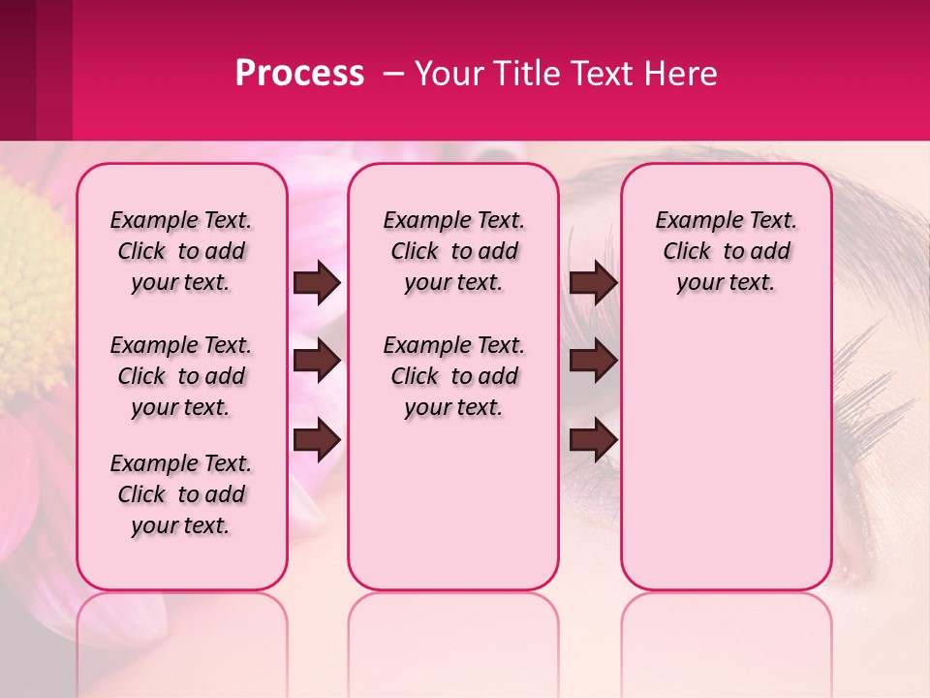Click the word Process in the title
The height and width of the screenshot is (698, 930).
click(x=299, y=74)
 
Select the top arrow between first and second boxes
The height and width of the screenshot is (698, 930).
click(x=317, y=282)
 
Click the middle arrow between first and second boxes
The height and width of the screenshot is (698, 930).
click(x=317, y=361)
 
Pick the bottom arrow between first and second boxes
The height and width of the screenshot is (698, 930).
click(x=317, y=441)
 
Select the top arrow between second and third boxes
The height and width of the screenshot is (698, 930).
click(x=593, y=282)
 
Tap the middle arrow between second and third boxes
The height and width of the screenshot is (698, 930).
click(x=593, y=361)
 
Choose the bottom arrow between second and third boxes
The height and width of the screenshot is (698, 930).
click(x=593, y=441)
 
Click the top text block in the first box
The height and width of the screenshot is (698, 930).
click(x=181, y=251)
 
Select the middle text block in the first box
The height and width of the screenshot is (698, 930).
click(x=181, y=376)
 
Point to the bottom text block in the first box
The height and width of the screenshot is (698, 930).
click(x=181, y=494)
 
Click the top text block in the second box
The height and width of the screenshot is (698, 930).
click(x=454, y=251)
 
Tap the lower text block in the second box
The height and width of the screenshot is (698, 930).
click(x=454, y=376)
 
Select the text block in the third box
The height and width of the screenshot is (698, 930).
click(x=727, y=251)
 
